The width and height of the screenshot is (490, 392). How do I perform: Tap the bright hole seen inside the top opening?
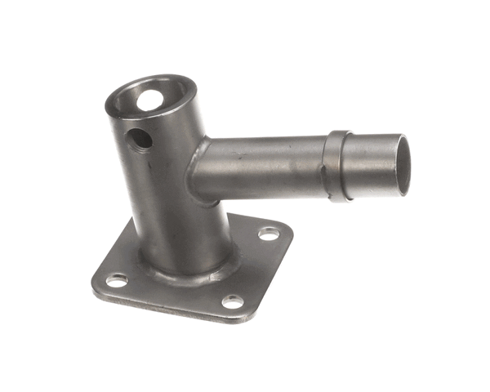coord(150,100)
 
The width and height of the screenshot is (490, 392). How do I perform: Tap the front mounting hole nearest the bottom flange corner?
coord(233,301)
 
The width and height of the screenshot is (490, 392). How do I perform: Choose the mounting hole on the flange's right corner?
coord(269,234)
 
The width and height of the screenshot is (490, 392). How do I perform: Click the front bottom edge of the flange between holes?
coord(171,304)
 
